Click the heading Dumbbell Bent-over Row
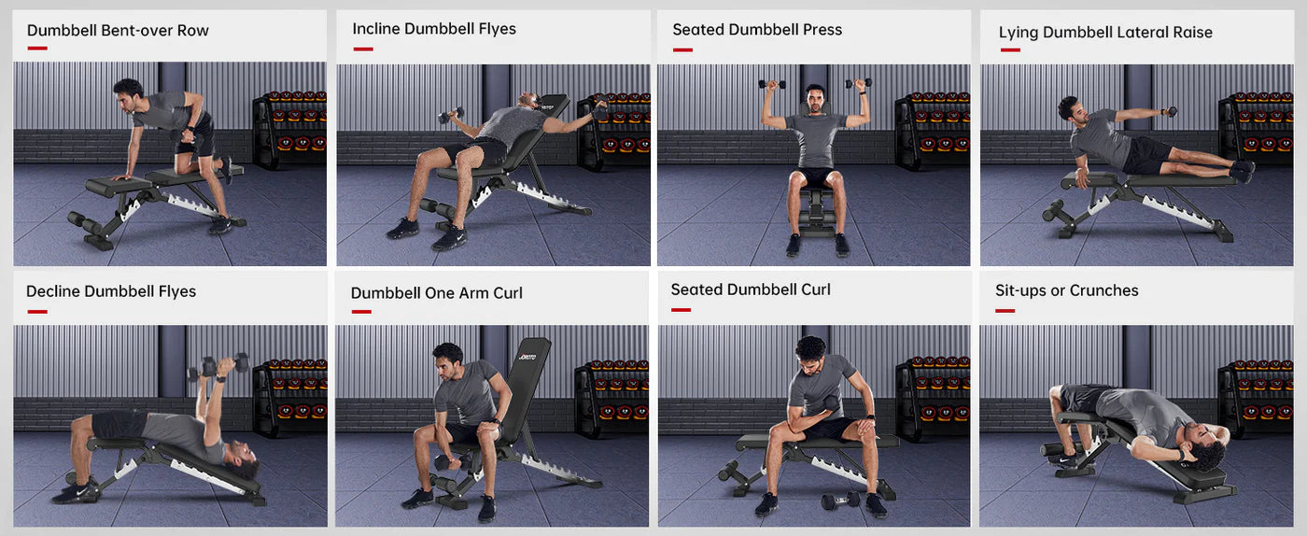[118, 31]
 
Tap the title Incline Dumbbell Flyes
[434, 29]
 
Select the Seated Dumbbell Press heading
[757, 29]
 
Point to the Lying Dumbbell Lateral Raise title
[1105, 32]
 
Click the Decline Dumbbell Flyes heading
[111, 291]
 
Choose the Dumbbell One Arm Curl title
[437, 292]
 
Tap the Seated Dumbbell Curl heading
[751, 289]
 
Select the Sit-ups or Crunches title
[1066, 290]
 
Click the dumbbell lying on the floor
[840, 501]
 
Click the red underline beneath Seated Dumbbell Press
[682, 50]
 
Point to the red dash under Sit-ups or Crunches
[1005, 311]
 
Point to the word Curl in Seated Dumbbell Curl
[816, 289]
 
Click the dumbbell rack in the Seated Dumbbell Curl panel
[934, 397]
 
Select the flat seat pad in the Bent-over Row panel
[119, 186]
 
